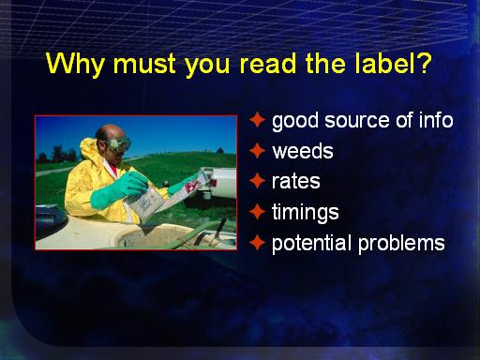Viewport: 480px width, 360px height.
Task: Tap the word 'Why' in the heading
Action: pos(75,65)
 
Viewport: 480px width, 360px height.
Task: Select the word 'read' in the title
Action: pos(268,64)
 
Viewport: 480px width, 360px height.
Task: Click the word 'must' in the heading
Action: pos(144,65)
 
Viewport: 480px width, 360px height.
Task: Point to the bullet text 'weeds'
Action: pos(303,151)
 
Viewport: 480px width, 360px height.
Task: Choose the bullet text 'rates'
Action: pos(296,181)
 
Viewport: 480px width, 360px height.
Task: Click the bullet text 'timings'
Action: pos(306,213)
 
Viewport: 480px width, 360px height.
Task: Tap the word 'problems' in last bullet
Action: pos(401,244)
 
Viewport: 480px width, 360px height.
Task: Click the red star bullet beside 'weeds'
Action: pos(257,151)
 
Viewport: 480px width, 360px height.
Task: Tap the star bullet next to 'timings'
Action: pos(257,212)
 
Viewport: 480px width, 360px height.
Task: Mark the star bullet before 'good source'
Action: pos(257,120)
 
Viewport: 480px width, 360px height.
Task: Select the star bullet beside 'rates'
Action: pos(257,181)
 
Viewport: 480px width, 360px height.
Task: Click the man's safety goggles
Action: pos(118,144)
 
